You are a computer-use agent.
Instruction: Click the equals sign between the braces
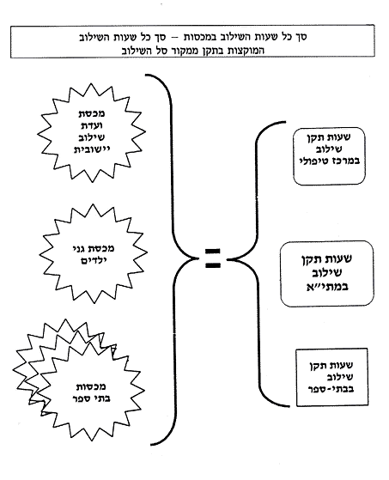212,259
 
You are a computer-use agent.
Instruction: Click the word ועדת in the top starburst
91,125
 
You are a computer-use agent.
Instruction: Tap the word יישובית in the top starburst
91,149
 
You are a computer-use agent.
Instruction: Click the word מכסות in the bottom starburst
91,386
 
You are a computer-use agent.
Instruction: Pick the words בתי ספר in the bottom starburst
91,399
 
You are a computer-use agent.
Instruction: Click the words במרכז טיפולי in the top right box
329,161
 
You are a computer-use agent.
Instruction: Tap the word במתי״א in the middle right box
327,287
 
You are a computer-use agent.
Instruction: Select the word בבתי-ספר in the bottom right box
331,389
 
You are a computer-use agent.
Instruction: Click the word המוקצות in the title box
245,50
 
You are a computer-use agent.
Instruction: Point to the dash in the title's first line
175,37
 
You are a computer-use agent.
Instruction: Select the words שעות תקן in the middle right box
326,258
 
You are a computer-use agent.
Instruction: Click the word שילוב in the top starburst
91,137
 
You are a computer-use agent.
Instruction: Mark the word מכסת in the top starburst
91,113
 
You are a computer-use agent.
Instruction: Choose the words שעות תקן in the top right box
329,137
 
